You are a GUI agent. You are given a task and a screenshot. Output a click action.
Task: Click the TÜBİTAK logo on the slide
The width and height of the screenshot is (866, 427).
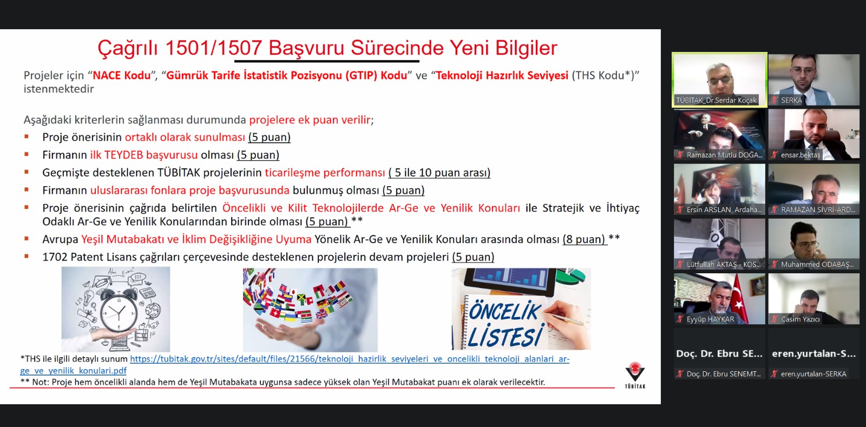tap(635, 375)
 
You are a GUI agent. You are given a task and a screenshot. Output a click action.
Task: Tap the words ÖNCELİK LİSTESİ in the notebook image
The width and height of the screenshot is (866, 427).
tap(504, 325)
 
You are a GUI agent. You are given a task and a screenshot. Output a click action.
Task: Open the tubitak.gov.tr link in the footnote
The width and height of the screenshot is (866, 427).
tap(294, 364)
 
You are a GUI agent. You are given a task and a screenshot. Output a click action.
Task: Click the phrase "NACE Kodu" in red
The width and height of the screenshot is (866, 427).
tap(122, 75)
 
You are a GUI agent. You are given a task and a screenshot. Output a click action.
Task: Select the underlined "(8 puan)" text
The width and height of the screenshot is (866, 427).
tap(584, 239)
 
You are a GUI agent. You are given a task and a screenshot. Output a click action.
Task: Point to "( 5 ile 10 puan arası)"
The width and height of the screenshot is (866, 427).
tap(439, 172)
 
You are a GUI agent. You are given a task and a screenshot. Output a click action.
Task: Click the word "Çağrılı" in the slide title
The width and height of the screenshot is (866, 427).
tap(128, 48)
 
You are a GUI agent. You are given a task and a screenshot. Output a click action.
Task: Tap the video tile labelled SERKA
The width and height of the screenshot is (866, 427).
tap(814, 79)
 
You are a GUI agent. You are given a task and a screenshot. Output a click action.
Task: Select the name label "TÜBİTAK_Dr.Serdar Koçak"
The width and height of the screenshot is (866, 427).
tap(716, 100)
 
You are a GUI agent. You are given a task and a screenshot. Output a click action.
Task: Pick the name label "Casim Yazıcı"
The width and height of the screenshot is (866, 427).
tap(800, 319)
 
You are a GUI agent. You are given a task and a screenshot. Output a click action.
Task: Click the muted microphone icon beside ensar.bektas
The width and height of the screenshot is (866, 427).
tap(774, 155)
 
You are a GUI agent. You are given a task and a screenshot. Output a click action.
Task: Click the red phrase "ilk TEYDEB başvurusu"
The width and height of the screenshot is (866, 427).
tap(144, 155)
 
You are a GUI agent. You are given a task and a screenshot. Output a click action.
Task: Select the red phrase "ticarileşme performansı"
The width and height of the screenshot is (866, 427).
tap(325, 172)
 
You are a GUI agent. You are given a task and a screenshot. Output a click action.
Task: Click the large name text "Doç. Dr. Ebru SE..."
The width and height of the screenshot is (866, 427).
tap(719, 353)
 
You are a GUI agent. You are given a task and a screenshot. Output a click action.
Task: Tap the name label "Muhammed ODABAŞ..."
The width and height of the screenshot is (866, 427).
tap(817, 264)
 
